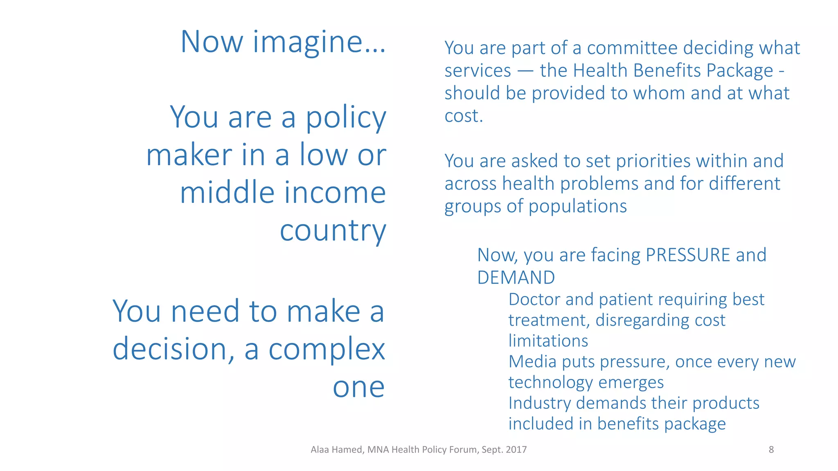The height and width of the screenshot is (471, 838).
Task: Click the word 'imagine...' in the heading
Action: (x=319, y=42)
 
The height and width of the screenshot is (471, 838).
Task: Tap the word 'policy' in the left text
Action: (x=346, y=118)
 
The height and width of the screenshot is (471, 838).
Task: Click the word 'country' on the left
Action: (x=333, y=231)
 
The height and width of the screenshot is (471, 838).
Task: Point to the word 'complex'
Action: (x=327, y=350)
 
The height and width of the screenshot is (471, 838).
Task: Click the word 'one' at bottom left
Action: (x=358, y=387)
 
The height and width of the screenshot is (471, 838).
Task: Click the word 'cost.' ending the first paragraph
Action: (x=464, y=116)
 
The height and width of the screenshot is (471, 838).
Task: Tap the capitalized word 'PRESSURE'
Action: (x=688, y=255)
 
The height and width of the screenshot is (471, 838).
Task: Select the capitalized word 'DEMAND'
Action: (x=516, y=278)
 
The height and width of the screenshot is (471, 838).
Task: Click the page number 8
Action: (x=771, y=450)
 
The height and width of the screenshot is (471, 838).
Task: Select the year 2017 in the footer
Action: (x=516, y=450)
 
